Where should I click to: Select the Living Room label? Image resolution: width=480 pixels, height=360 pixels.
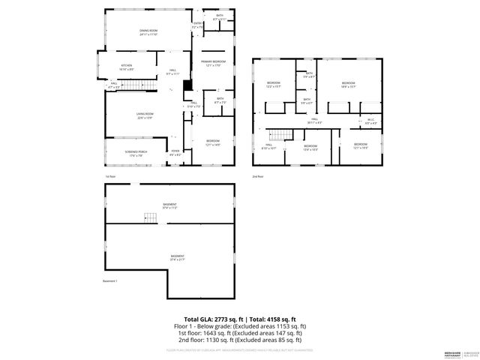tap(145, 115)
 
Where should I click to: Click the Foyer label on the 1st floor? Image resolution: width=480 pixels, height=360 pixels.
tap(175, 152)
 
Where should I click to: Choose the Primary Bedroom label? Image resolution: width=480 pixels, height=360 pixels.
tap(214, 63)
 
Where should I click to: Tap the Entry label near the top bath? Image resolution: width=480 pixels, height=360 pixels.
tap(197, 25)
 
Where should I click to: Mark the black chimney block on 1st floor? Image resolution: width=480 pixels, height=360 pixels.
tap(188, 85)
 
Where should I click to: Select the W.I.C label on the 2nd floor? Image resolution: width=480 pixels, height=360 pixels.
tap(370, 121)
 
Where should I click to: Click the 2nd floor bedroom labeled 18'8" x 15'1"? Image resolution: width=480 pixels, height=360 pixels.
tap(348, 84)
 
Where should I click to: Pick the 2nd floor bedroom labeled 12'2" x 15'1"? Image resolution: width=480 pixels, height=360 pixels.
tap(274, 84)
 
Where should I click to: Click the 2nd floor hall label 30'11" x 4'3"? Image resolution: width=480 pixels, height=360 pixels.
tap(316, 120)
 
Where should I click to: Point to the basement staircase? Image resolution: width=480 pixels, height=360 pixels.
tap(150, 217)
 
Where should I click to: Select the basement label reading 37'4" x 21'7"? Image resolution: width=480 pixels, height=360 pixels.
tap(177, 258)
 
